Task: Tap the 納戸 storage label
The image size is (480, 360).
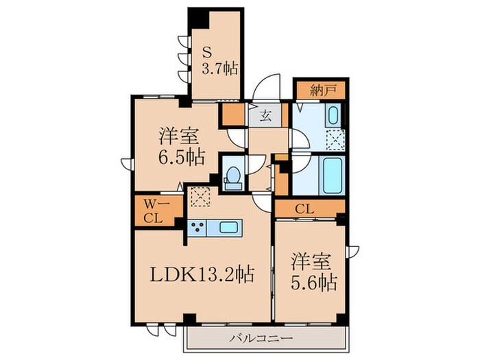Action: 320,89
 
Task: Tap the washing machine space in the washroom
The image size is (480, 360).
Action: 335,139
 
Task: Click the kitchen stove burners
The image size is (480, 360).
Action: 197,227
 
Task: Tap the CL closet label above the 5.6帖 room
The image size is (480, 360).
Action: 307,208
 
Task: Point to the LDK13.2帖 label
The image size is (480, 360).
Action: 203,276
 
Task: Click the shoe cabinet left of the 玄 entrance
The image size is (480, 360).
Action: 234,115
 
